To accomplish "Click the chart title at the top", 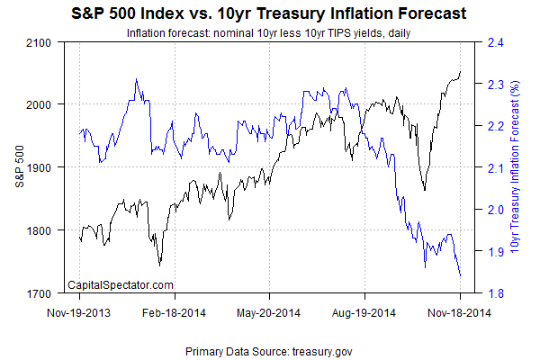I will coord(270,14).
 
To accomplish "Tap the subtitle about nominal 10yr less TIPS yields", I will coord(270,33).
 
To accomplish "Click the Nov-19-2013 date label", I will coord(81,314).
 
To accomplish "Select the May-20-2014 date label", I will coord(268,314).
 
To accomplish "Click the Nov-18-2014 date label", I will coord(459,314).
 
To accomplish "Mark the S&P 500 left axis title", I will coord(20,167).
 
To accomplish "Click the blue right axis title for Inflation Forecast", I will coord(517,167).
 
